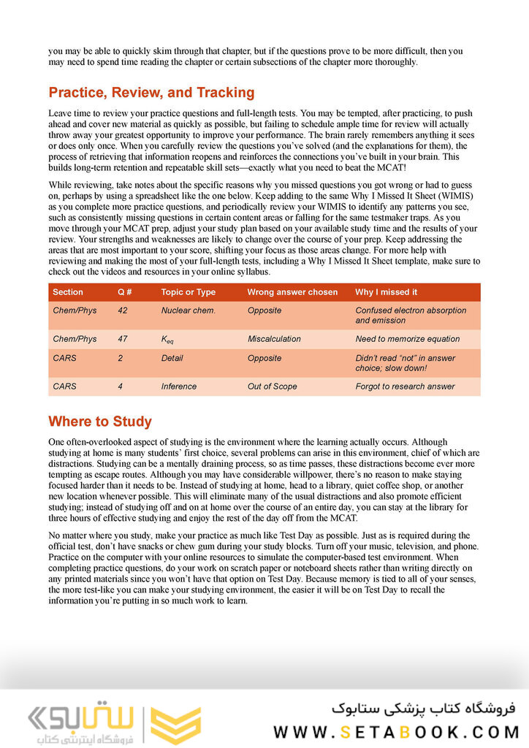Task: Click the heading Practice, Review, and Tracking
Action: point(151,93)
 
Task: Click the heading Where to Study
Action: point(100,421)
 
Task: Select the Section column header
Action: point(68,292)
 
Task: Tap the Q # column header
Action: point(125,292)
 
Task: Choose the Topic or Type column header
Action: point(189,292)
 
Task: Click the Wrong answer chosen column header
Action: point(292,292)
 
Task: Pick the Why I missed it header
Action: point(387,292)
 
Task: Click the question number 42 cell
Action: point(123,310)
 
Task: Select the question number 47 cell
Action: point(123,339)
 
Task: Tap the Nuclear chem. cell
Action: point(189,310)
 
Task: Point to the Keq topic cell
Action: point(169,340)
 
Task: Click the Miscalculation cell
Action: point(274,339)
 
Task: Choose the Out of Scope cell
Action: point(272,386)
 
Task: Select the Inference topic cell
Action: point(179,386)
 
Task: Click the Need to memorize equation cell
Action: point(408,339)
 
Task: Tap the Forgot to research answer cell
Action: point(405,386)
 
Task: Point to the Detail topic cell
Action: point(172,358)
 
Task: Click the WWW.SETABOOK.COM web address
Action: point(396,731)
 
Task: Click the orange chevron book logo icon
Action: point(175,725)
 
